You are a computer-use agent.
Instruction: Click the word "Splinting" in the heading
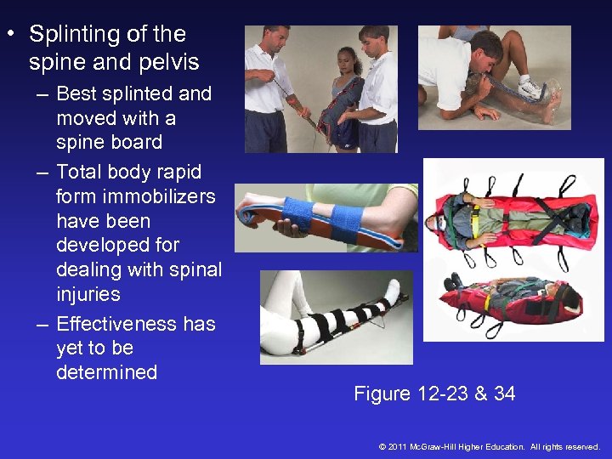73,35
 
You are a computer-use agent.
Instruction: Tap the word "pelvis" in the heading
170,62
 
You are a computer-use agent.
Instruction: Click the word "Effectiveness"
110,324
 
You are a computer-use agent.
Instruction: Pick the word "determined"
106,372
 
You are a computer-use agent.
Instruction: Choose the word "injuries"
88,295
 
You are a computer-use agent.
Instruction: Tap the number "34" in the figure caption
503,394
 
